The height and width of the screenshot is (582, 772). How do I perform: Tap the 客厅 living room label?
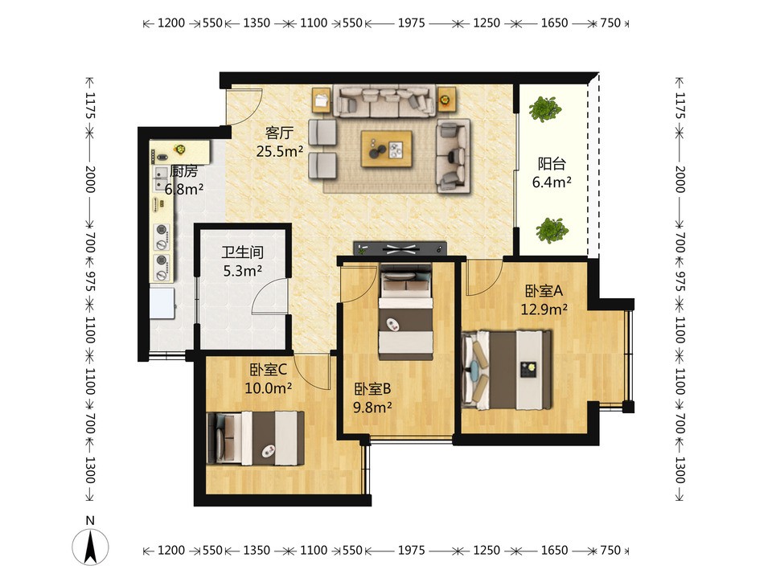tap(279, 133)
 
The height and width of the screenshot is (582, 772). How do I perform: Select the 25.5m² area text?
tap(279, 151)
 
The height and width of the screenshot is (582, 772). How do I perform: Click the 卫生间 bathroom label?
tap(242, 252)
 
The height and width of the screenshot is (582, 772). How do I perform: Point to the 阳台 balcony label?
tap(552, 163)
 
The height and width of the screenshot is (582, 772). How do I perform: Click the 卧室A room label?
tap(544, 291)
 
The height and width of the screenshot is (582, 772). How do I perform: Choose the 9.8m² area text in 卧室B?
tap(372, 408)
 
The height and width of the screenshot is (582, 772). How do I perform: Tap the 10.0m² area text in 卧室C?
tap(269, 388)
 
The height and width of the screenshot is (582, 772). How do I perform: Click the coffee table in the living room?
tap(387, 149)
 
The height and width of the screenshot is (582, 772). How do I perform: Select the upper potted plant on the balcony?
tap(545, 109)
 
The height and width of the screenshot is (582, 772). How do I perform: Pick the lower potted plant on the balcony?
tap(552, 230)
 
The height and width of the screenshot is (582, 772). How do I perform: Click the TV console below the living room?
tap(400, 248)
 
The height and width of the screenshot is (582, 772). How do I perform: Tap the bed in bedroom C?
tap(256, 438)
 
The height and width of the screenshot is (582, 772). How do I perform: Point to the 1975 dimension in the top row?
tap(411, 23)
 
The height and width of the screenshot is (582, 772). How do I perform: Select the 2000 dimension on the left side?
tap(89, 179)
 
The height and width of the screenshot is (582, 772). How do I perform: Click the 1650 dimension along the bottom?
tap(554, 550)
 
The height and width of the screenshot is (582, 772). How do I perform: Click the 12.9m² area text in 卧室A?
tap(544, 309)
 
